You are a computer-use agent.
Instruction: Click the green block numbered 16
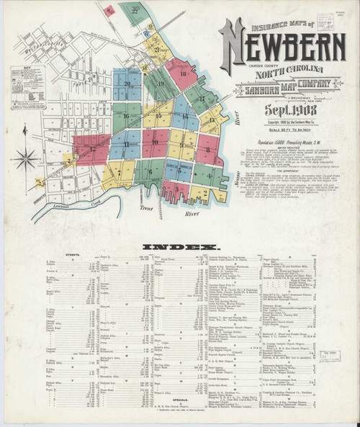coord(127,114)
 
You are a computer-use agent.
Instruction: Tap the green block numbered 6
coord(150,172)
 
